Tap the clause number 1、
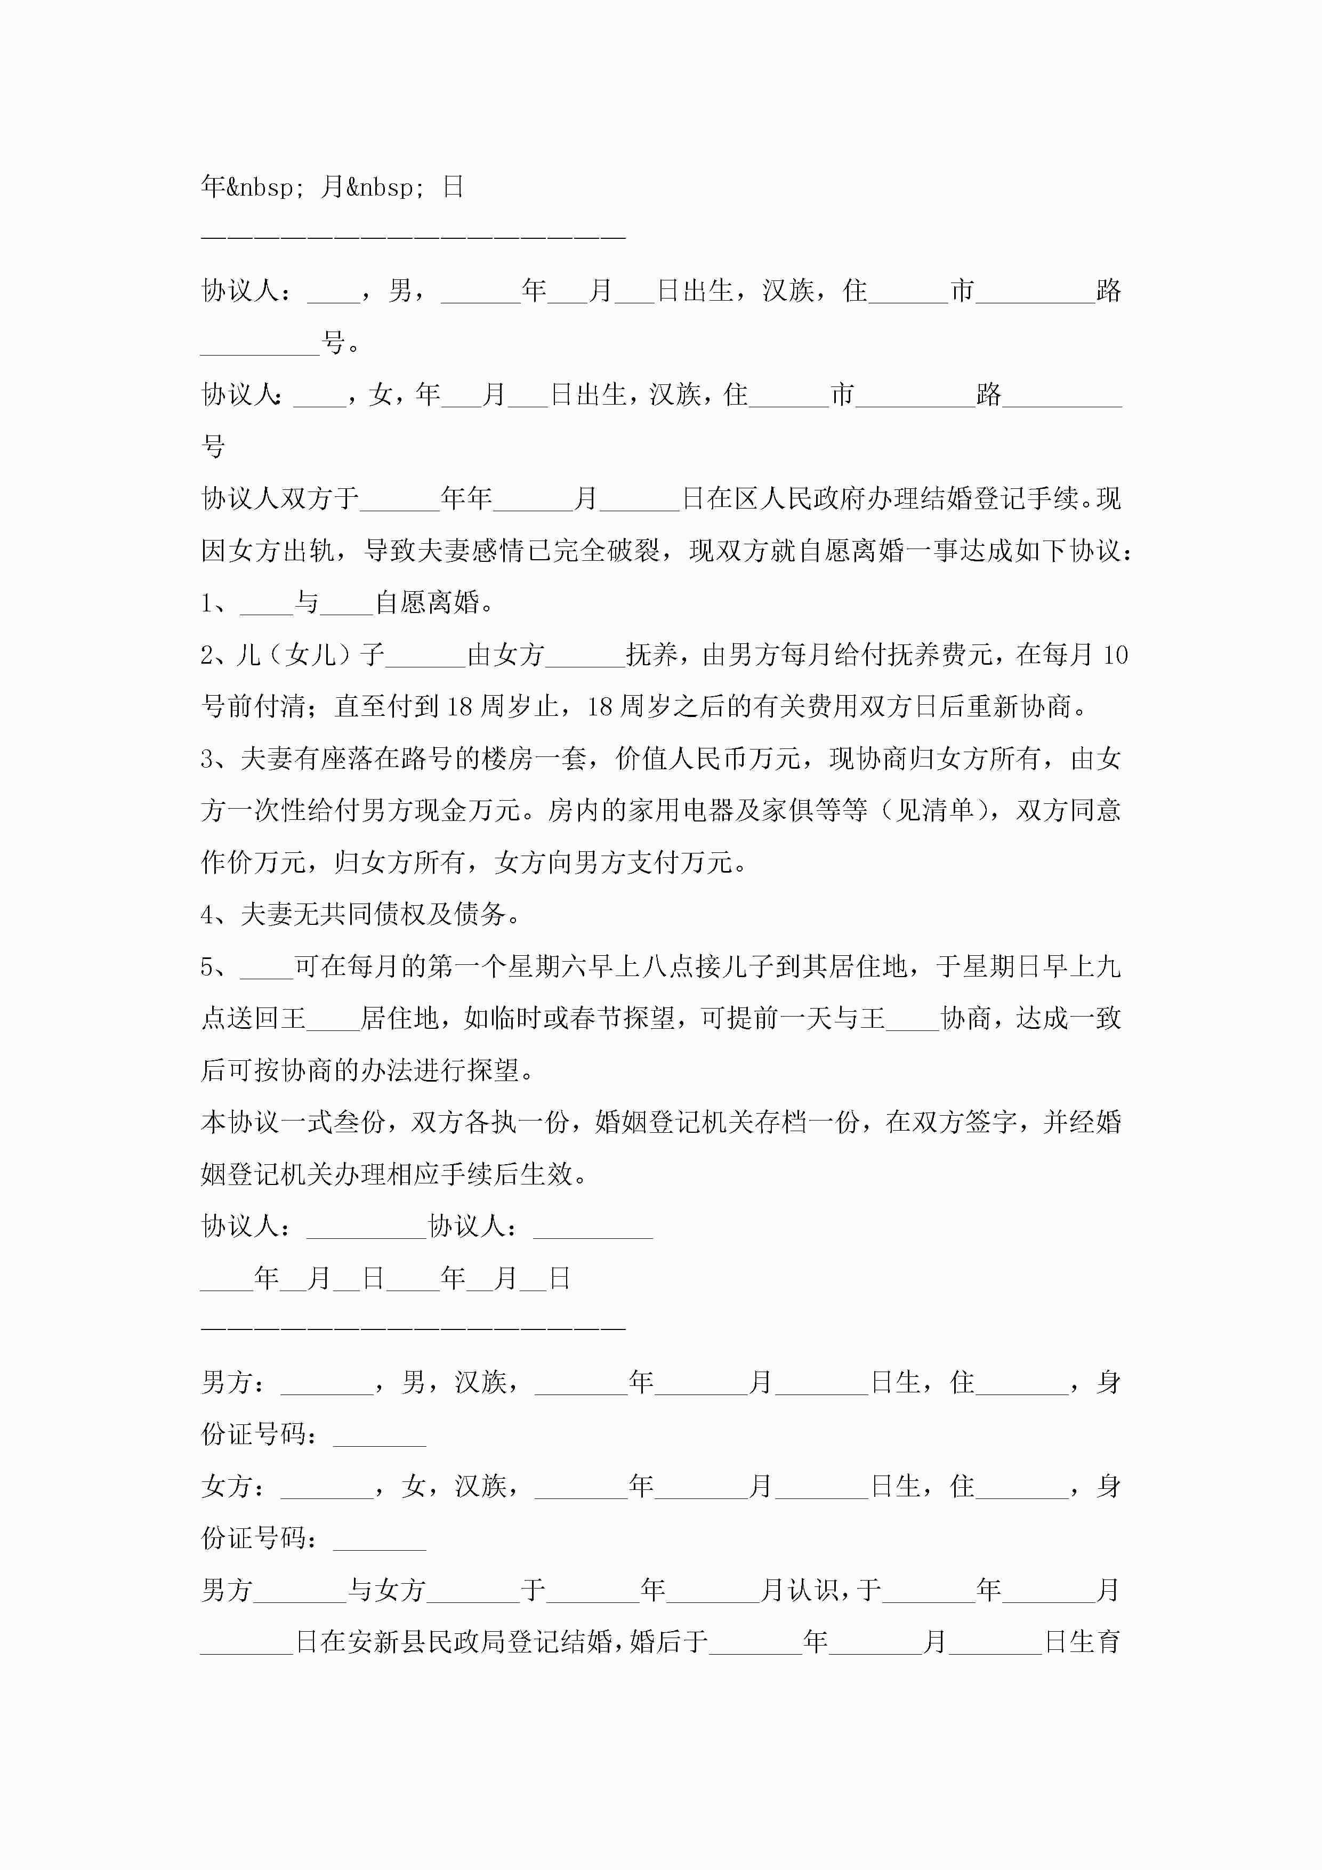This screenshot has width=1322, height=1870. pyautogui.click(x=216, y=603)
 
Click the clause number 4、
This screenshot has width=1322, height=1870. pyautogui.click(x=216, y=915)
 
